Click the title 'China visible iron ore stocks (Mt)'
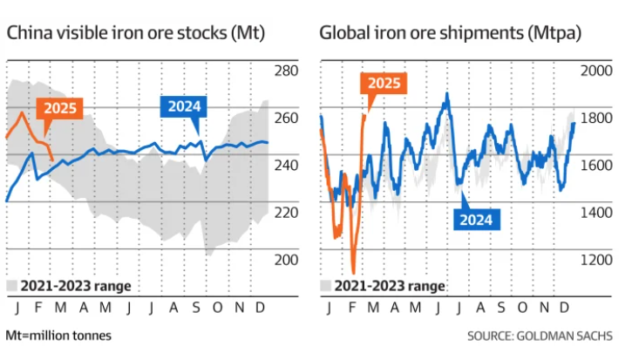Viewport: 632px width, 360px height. click(135, 34)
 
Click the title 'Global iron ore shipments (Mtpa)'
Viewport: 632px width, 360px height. click(451, 34)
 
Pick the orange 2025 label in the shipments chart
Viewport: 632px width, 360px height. click(384, 85)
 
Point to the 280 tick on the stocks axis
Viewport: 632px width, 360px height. click(287, 71)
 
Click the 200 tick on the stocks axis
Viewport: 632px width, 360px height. click(287, 259)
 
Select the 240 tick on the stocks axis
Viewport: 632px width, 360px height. click(287, 165)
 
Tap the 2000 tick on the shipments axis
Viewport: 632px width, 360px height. click(597, 71)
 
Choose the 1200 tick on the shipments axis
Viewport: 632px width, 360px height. click(597, 259)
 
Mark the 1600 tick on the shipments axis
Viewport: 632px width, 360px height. click(597, 165)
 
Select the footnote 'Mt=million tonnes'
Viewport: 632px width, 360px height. click(58, 336)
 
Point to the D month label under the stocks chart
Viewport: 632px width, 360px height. click(261, 307)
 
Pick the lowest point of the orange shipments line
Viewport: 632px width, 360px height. click(354, 273)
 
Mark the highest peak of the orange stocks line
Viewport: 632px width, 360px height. click(22, 112)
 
